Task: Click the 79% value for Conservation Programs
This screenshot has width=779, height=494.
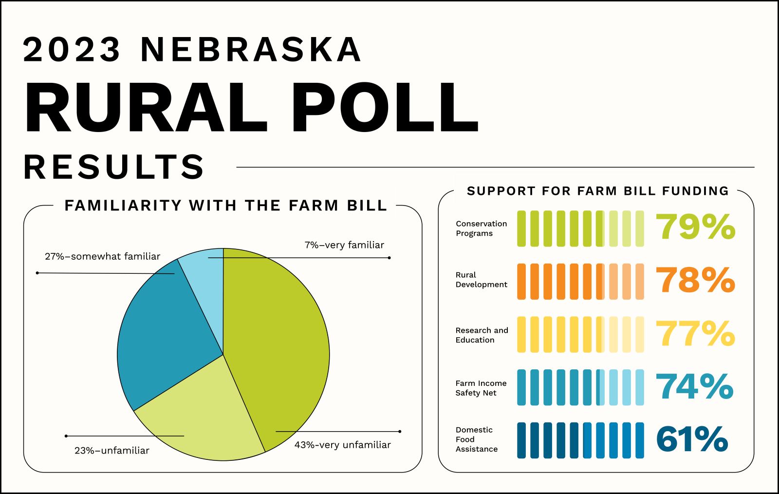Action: pos(695,227)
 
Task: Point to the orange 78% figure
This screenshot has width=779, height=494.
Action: pos(695,280)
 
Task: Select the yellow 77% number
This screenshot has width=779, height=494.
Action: pos(695,333)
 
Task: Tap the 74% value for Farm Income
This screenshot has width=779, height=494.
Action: pos(694,386)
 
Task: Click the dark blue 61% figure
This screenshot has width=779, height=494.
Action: pos(692,438)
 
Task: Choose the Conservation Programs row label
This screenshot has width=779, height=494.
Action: pos(482,228)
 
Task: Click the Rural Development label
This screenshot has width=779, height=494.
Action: pos(482,280)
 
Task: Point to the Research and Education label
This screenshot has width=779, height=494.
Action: pos(482,335)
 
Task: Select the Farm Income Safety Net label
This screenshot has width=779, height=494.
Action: pos(481,388)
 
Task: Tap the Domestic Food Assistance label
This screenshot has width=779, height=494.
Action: pos(477,439)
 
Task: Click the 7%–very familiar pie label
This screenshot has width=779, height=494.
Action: pos(344,245)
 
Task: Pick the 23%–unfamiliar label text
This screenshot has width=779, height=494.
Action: pos(111,451)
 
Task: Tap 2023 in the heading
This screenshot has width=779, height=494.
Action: pos(72,49)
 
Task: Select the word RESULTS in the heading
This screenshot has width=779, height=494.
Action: pos(114,167)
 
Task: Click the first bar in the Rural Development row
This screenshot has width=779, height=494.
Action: pos(521,282)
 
